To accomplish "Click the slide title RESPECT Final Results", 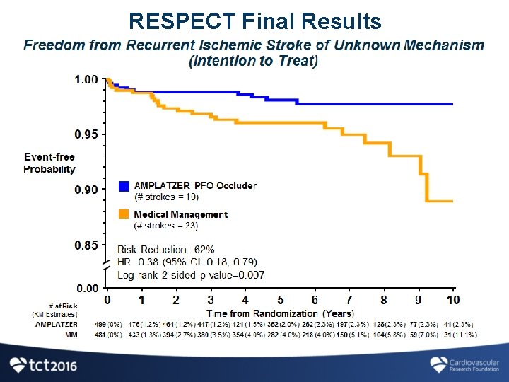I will (x=255, y=21).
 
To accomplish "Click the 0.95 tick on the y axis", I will (x=86, y=134).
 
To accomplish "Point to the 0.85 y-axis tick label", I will (x=86, y=245).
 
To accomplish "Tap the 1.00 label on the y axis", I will (x=86, y=80).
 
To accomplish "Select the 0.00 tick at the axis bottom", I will (x=86, y=288).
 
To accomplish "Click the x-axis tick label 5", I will (x=280, y=301).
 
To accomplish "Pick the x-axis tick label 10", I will (x=453, y=301).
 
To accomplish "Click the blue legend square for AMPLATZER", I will (x=124, y=186).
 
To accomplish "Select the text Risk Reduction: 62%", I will (x=165, y=250).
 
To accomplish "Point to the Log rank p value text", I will (x=191, y=274).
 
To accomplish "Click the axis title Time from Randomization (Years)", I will (x=280, y=313).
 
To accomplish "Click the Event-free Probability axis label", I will (x=49, y=163).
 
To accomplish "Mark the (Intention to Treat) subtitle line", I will (x=254, y=61).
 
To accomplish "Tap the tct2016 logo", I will (x=43, y=365).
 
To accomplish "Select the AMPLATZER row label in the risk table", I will (x=57, y=324).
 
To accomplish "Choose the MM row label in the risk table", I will (x=71, y=335).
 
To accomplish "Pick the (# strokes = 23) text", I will (x=166, y=226).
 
